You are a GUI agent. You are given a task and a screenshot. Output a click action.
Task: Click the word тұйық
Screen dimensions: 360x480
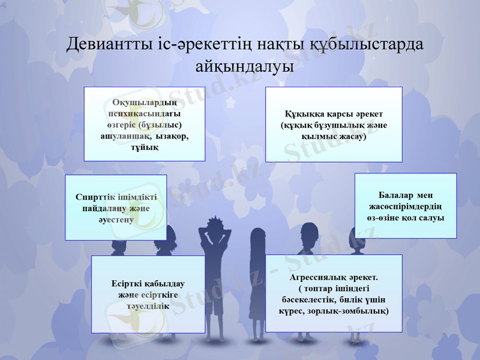pyautogui.click(x=144, y=148)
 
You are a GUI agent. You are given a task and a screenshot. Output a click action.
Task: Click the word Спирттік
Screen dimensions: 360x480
pyautogui.click(x=94, y=197)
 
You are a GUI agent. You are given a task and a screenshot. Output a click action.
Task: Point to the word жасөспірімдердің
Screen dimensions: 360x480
pyautogui.click(x=406, y=207)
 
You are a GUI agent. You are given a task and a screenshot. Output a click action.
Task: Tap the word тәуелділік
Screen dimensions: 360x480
pyautogui.click(x=148, y=305)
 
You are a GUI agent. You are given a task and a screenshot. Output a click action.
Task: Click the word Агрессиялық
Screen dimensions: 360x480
pyautogui.click(x=316, y=278)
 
